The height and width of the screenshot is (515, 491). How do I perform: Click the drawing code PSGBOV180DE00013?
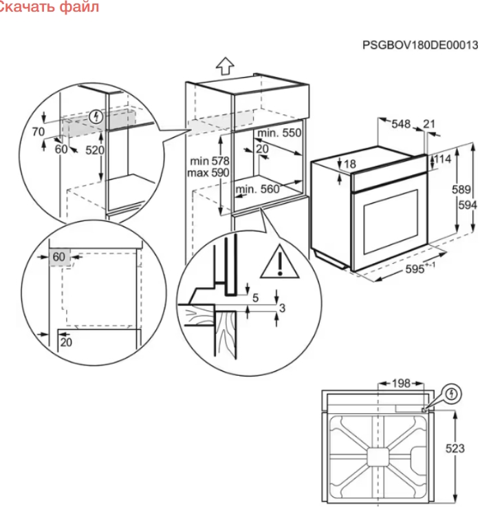420,45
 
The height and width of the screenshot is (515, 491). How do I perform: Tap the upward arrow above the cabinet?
225,66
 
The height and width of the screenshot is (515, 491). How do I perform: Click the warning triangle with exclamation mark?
280,262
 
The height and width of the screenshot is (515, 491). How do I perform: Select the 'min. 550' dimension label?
279,133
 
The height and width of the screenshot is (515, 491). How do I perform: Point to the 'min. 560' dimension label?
257,189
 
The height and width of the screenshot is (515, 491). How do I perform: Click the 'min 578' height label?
210,161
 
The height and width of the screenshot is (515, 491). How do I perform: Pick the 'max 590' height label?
208,173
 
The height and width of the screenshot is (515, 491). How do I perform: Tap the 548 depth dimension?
401,124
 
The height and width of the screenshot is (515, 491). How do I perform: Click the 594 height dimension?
468,205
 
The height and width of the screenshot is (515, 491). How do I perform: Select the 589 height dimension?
461,189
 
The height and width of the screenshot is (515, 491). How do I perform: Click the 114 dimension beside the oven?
443,159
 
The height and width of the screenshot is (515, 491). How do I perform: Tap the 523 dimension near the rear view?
455,448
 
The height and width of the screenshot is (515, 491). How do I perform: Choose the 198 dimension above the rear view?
401,383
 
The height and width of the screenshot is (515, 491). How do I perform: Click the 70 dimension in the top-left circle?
38,132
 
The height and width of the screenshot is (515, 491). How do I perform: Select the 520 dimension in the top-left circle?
95,150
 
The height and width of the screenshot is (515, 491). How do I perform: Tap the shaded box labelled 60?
59,257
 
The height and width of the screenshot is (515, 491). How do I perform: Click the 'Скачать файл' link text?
50,7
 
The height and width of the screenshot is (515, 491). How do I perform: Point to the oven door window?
391,222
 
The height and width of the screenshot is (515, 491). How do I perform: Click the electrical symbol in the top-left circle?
96,116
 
